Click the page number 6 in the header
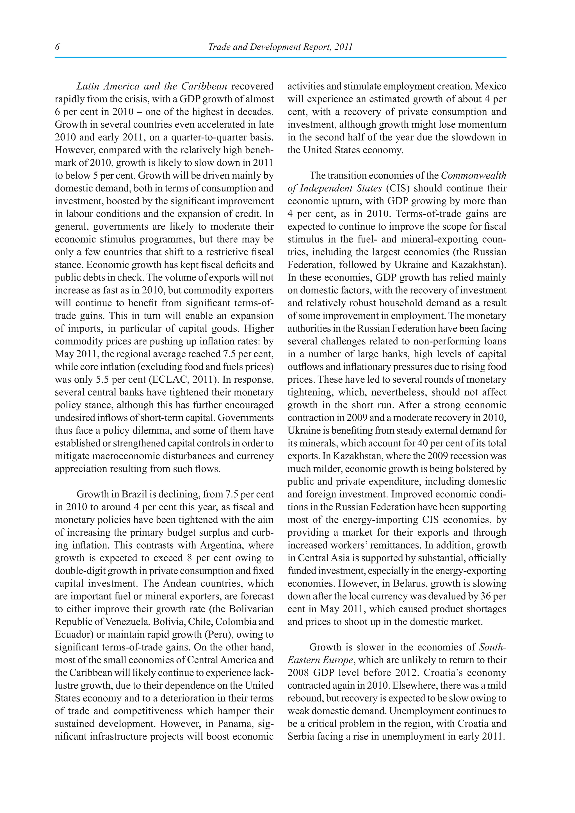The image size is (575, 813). pyautogui.click(x=57, y=47)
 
